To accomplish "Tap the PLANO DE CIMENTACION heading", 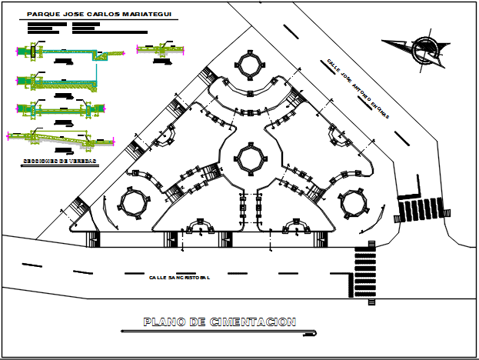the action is [219, 322].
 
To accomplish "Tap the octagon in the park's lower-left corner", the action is [132, 204].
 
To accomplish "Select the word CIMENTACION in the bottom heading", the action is [253, 322].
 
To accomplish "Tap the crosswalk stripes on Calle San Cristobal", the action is [364, 273].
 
